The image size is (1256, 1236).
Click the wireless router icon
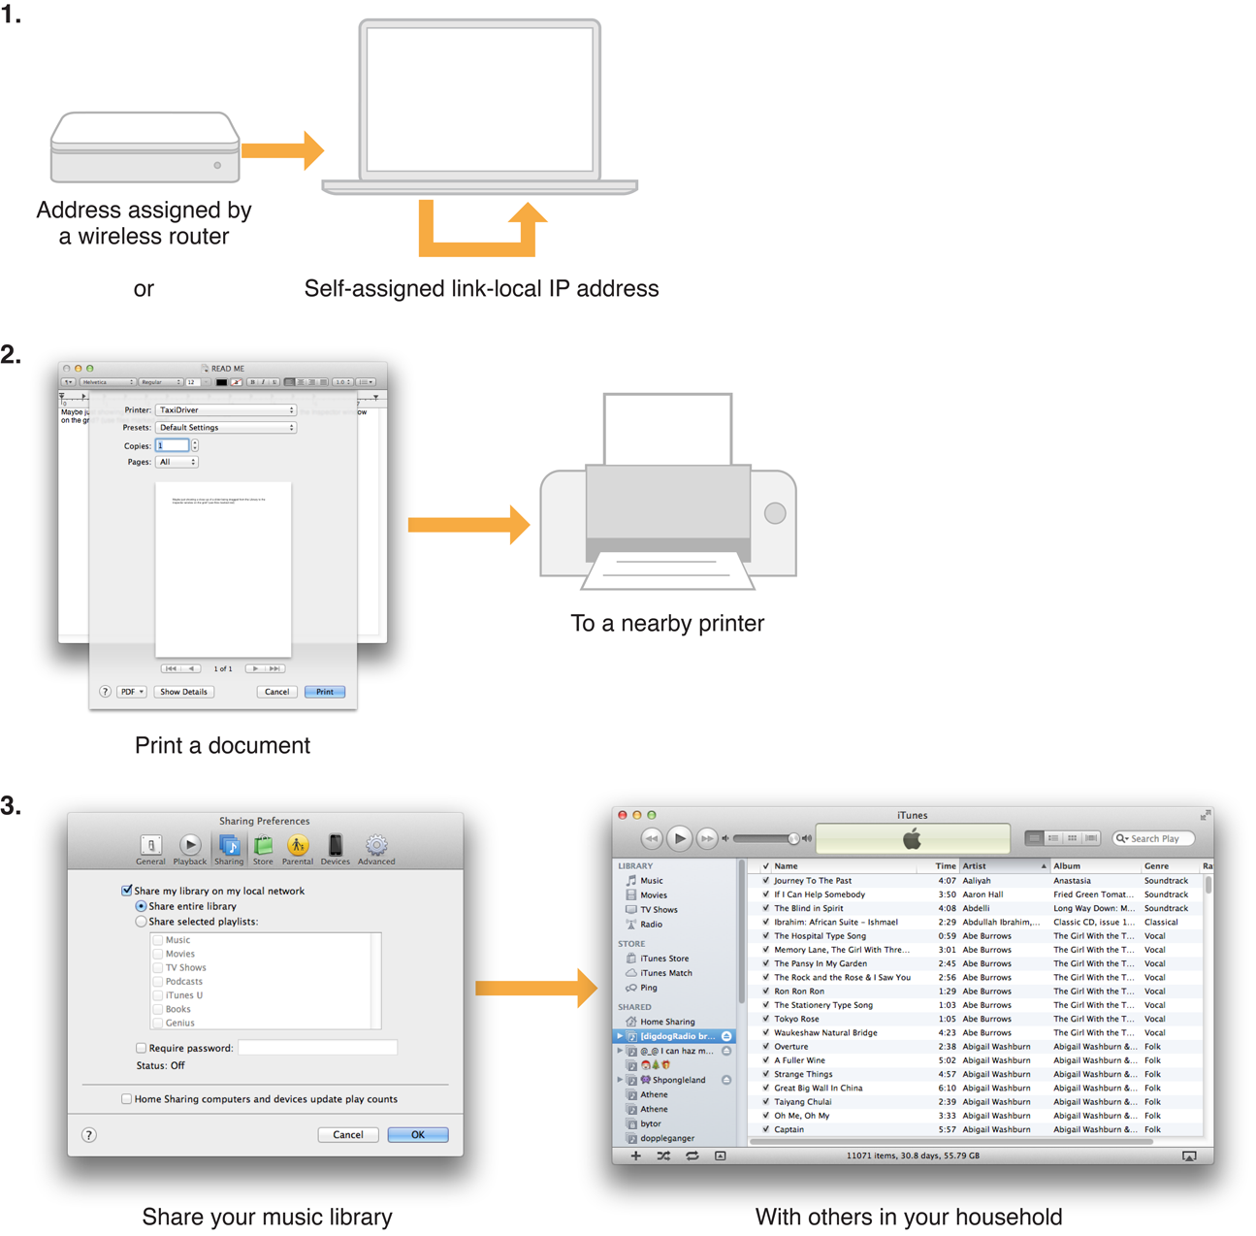(x=145, y=146)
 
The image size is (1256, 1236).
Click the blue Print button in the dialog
(x=324, y=692)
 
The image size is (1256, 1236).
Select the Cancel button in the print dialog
(x=276, y=692)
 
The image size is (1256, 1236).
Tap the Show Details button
(x=183, y=692)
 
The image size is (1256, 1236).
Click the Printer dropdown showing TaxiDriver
(x=225, y=410)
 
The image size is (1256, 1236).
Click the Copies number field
(x=172, y=445)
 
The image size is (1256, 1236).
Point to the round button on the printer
(x=774, y=513)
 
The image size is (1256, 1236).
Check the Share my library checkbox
(x=127, y=891)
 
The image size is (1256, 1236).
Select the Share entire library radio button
(x=142, y=906)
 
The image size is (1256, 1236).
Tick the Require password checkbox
(x=142, y=1048)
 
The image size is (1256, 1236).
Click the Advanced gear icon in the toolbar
(x=376, y=846)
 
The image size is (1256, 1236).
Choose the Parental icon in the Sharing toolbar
(x=298, y=846)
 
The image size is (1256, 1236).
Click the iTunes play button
(x=679, y=838)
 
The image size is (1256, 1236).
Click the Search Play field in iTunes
(x=1155, y=838)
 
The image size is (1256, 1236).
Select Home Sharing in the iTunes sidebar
(x=666, y=1022)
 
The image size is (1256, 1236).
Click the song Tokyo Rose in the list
(x=796, y=1019)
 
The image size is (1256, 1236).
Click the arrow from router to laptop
(x=282, y=150)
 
